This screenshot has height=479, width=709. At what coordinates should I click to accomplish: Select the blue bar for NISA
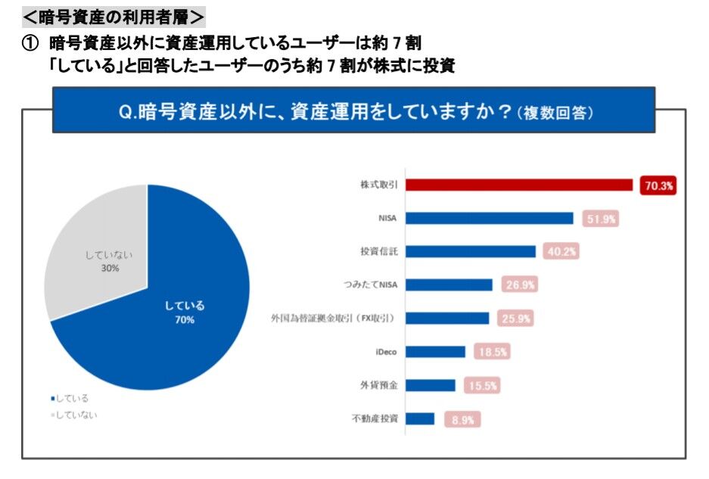point(490,219)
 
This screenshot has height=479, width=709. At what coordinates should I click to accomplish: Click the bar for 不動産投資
point(421,418)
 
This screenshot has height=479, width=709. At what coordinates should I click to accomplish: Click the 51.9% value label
point(601,219)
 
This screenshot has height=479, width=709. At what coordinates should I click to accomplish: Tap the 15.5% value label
point(481,385)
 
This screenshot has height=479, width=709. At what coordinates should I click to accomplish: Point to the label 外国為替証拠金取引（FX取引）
point(335,319)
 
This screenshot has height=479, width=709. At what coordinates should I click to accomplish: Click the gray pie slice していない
point(98,250)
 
